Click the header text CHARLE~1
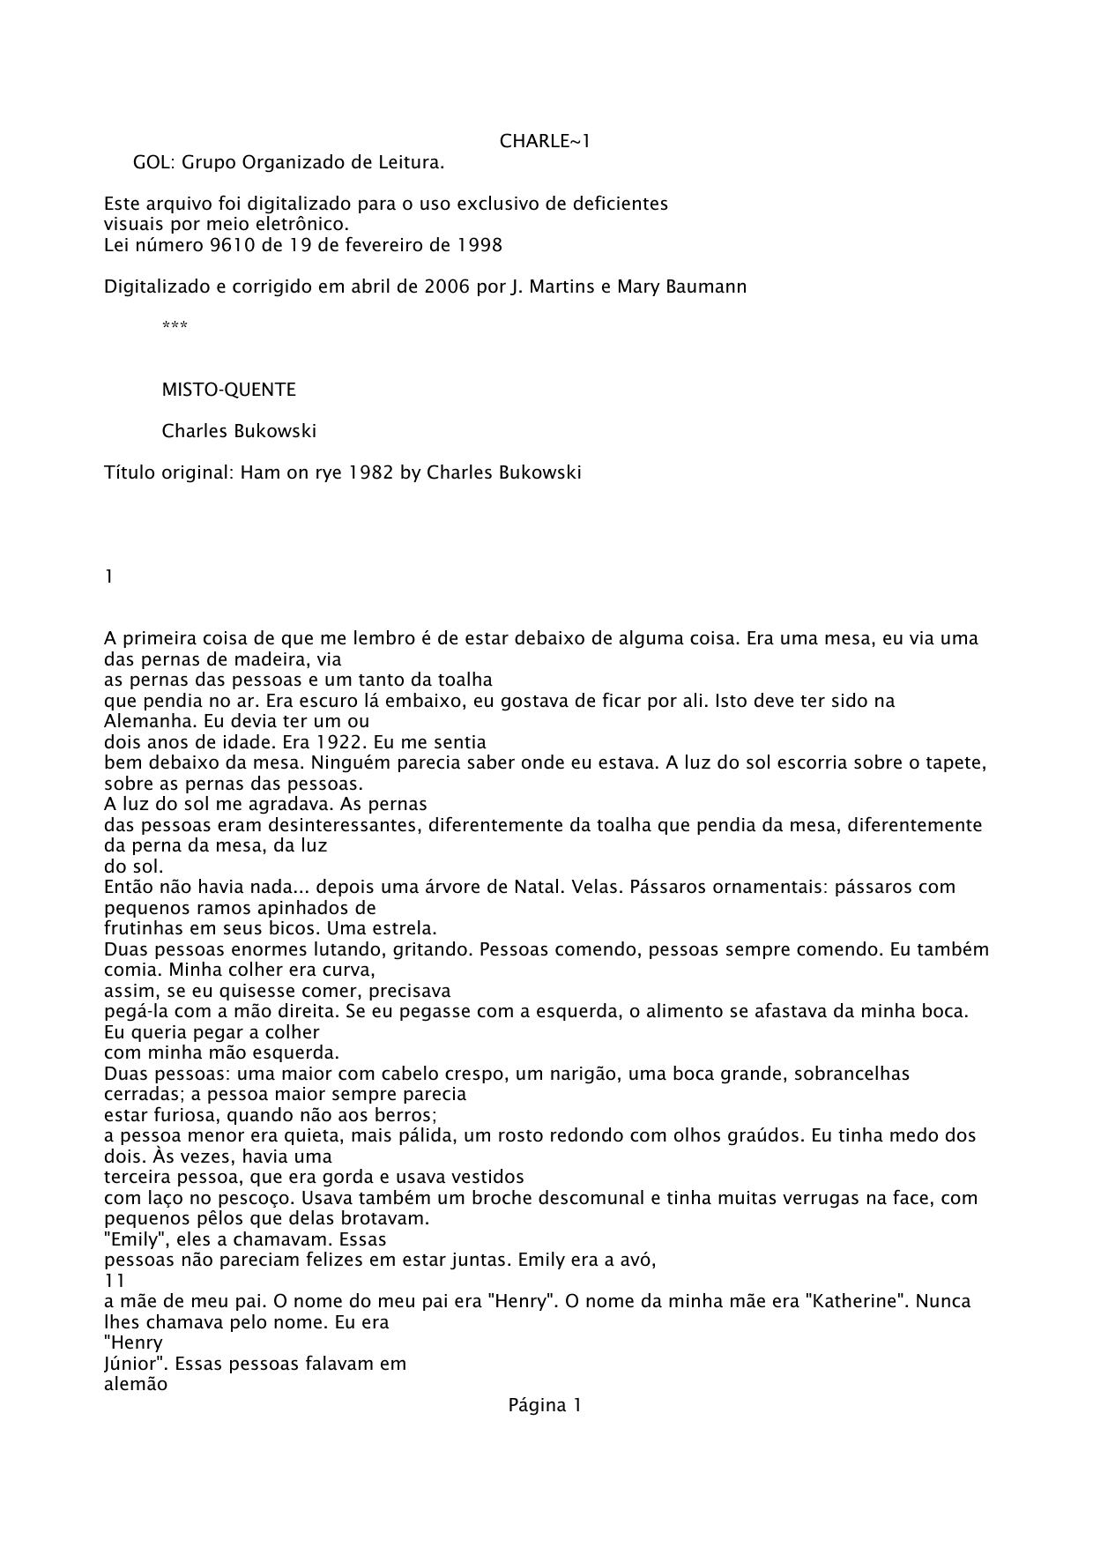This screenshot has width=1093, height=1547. (x=545, y=141)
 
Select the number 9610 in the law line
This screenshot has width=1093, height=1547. (x=233, y=245)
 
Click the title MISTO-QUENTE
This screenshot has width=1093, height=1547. (x=228, y=390)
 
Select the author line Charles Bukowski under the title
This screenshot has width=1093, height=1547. (x=239, y=431)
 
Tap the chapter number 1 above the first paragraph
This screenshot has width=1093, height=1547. (x=109, y=576)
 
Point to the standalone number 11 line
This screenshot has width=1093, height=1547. (x=115, y=1280)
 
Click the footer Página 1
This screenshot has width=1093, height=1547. (x=545, y=1405)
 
